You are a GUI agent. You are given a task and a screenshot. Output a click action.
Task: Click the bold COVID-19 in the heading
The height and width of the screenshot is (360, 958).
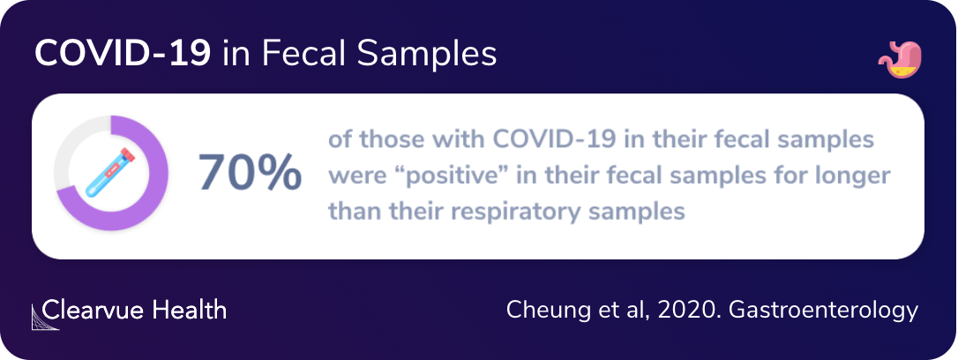(x=122, y=55)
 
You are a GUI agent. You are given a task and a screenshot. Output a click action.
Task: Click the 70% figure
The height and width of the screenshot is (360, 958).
(x=250, y=173)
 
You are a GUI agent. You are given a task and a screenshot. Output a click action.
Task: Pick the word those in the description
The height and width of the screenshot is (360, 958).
(x=383, y=140)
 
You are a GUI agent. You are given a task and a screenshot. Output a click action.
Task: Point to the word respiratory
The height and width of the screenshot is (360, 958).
(x=522, y=212)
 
